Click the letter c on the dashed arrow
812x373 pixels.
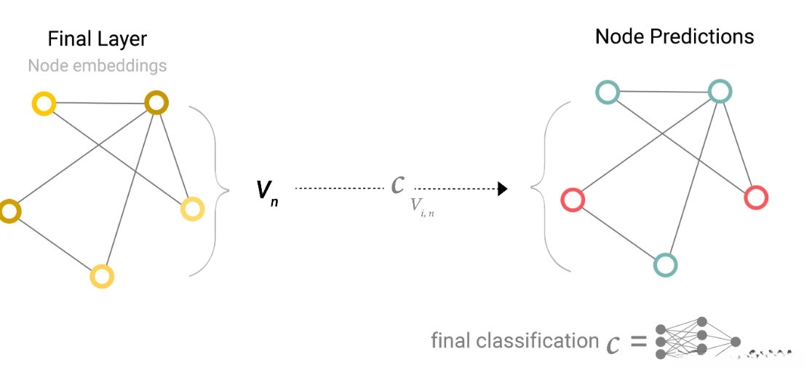click(397, 184)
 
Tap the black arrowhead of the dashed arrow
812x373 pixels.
click(502, 189)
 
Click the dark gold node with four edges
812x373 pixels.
click(156, 103)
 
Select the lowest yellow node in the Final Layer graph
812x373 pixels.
click(103, 276)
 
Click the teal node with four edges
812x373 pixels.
click(719, 91)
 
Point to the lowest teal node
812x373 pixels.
click(665, 264)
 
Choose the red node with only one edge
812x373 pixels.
click(756, 197)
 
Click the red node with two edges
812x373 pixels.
click(573, 200)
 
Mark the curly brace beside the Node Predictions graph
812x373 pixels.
click(552, 186)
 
